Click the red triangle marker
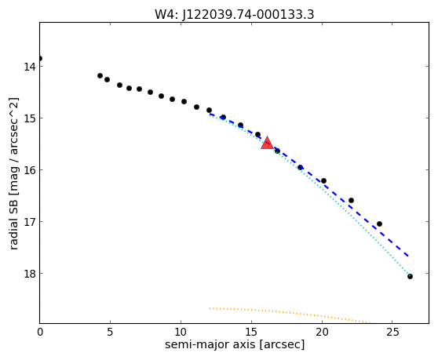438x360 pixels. pyautogui.click(x=267, y=144)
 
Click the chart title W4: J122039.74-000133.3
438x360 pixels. pyautogui.click(x=235, y=15)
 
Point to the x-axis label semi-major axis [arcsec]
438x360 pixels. pyautogui.click(x=235, y=344)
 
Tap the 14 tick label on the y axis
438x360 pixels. pyautogui.click(x=29, y=67)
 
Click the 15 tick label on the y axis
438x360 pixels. pyautogui.click(x=29, y=118)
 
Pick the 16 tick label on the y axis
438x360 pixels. pyautogui.click(x=29, y=170)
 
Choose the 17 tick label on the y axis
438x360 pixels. pyautogui.click(x=29, y=222)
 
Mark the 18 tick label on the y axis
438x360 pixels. pyautogui.click(x=29, y=274)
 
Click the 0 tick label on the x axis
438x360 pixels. pyautogui.click(x=40, y=332)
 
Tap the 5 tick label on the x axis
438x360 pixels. pyautogui.click(x=110, y=332)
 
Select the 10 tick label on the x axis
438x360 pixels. pyautogui.click(x=181, y=332)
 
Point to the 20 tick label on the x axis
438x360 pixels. pyautogui.click(x=322, y=332)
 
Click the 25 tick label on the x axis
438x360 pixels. pyautogui.click(x=392, y=332)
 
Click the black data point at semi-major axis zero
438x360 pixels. pyautogui.click(x=40, y=58)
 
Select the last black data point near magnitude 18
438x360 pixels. pyautogui.click(x=410, y=277)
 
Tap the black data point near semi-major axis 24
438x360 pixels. pyautogui.click(x=379, y=224)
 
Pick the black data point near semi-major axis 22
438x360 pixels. pyautogui.click(x=351, y=200)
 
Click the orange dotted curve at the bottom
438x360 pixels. pyautogui.click(x=290, y=313)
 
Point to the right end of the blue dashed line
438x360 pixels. pyautogui.click(x=409, y=256)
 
